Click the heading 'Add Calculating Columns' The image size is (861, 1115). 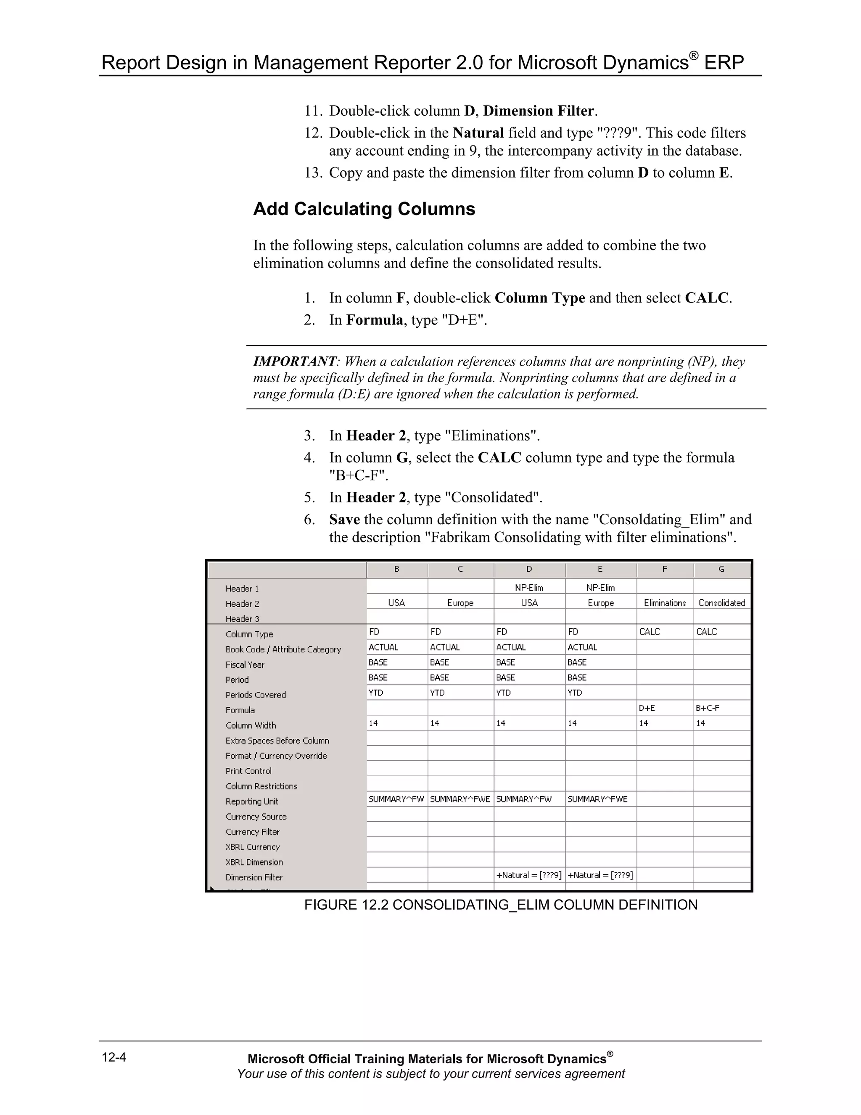point(364,209)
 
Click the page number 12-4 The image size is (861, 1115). point(114,1057)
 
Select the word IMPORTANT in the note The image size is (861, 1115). point(294,361)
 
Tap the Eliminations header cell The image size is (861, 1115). point(665,603)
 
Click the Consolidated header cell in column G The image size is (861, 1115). point(722,603)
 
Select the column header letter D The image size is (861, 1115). point(529,569)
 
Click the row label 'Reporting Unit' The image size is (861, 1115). point(252,802)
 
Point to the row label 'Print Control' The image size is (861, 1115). point(248,771)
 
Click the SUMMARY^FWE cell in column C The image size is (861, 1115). point(460,799)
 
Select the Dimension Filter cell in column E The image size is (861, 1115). point(600,875)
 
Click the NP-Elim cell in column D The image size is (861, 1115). point(529,588)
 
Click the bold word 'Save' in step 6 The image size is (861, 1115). point(344,519)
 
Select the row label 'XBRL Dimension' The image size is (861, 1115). point(254,862)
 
